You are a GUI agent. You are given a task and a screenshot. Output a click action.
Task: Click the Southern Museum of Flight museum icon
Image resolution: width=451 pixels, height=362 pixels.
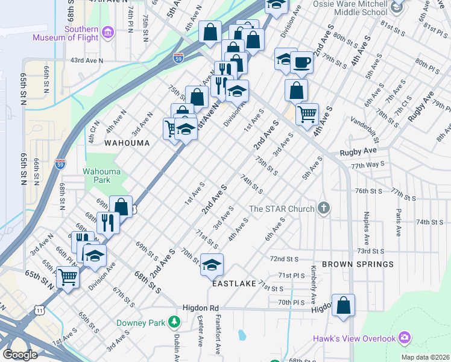tap(108, 31)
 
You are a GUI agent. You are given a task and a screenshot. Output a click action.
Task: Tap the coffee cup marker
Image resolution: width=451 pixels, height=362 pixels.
tap(301, 62)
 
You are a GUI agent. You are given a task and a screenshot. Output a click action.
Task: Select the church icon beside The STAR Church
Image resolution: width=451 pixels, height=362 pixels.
tap(324, 209)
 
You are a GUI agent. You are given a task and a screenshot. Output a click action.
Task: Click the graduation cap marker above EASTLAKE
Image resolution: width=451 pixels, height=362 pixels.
tap(212, 264)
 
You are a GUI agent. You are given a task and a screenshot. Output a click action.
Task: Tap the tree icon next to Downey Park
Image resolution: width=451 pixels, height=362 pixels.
tap(174, 322)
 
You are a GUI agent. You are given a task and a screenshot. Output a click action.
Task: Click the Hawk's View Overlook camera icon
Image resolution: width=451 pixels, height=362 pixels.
tap(404, 338)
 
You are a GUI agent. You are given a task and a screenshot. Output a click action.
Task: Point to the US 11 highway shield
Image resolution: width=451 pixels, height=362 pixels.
tap(40, 310)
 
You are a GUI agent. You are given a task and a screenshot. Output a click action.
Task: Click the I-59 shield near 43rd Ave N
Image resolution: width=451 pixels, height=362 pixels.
tap(177, 58)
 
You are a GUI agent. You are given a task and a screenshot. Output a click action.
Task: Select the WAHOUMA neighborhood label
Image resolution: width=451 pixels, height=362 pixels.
tap(126, 143)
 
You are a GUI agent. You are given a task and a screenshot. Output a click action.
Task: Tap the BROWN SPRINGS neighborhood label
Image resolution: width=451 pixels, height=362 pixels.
tap(358, 264)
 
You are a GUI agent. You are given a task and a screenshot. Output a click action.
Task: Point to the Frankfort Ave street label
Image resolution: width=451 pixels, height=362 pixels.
tap(216, 340)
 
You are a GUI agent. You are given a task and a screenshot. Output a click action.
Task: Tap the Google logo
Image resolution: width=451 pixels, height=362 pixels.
tap(20, 355)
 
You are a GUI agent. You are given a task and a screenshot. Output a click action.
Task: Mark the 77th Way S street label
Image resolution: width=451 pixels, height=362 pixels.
tap(368, 164)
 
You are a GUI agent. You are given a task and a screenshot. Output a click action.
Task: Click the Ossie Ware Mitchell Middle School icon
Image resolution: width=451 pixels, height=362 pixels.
tap(396, 7)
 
